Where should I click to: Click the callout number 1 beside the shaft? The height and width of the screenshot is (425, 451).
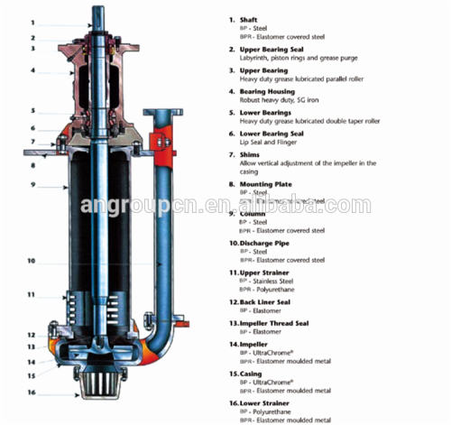click(x=33, y=22)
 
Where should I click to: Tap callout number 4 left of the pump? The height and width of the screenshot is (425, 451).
click(x=33, y=69)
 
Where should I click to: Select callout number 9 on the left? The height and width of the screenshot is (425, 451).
click(x=33, y=185)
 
